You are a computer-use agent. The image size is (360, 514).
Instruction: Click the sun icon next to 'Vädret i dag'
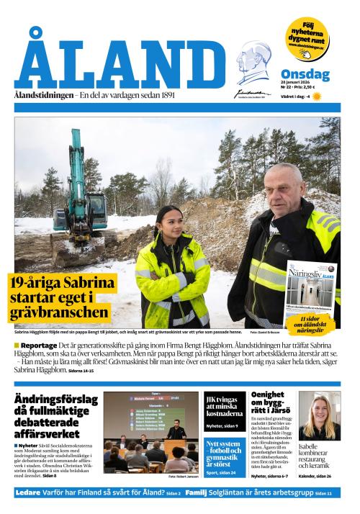pyautogui.click(x=315, y=96)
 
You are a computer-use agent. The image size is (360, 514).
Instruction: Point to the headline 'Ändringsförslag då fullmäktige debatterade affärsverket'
pyautogui.click(x=55, y=415)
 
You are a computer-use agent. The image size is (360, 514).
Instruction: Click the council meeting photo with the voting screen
pyautogui.click(x=150, y=430)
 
